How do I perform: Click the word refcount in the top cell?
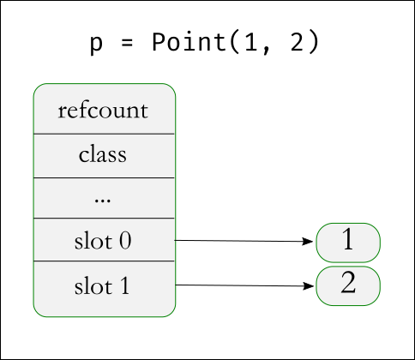[x=103, y=111]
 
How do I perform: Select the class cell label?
[x=103, y=154]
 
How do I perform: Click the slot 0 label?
[x=103, y=241]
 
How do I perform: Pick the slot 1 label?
[x=102, y=286]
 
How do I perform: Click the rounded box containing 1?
[x=348, y=243]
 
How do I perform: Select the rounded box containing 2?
[x=348, y=286]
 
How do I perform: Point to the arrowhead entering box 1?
[x=308, y=242]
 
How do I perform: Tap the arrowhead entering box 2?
[x=309, y=286]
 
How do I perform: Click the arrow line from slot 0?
[x=244, y=241]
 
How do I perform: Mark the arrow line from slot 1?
[x=244, y=285]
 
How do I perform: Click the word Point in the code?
[x=189, y=42]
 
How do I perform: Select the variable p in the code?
[x=96, y=45]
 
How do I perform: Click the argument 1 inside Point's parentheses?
[x=251, y=42]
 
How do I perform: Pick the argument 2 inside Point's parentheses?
[x=297, y=42]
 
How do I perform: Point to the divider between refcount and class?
[x=104, y=134]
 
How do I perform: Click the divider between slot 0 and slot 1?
[x=104, y=261]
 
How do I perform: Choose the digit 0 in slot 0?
[x=125, y=241]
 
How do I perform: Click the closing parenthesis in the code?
[x=313, y=43]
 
